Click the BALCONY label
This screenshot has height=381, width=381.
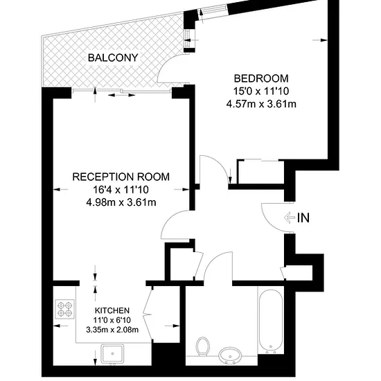coord(113,57)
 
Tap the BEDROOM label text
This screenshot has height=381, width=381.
coord(261,78)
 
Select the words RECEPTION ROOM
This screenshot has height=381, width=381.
coord(121,177)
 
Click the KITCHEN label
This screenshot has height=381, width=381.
coord(112,310)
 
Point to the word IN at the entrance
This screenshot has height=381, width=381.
coord(303,218)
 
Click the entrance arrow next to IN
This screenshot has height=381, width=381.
coord(289,218)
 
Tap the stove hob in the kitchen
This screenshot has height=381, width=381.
coord(65,308)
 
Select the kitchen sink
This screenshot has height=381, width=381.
coord(112,354)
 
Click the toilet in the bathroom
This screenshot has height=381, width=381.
coord(203,346)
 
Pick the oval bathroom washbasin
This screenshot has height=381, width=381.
coord(230,355)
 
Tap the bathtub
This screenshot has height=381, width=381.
coord(271,320)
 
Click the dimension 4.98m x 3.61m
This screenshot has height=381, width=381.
coord(121,202)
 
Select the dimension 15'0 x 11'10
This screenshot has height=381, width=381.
coord(261,91)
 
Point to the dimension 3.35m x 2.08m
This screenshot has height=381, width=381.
coord(112,330)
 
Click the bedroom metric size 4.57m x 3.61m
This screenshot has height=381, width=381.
coord(261,104)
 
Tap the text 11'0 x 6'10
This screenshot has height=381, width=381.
coord(112,320)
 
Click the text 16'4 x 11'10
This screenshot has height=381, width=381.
coord(121,190)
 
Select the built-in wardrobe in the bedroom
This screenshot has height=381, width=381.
coord(261,172)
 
